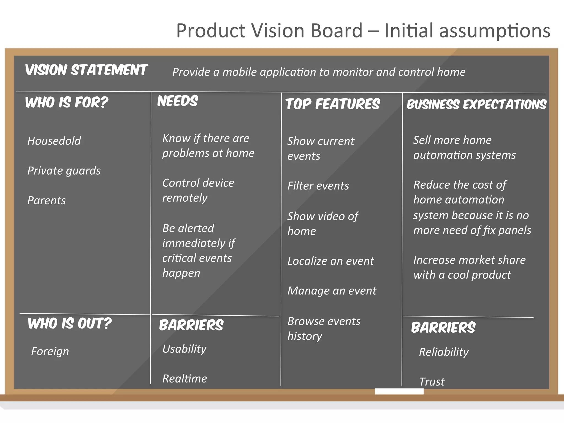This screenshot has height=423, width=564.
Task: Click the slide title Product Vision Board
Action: click(x=363, y=31)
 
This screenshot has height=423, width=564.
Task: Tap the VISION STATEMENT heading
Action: click(x=86, y=70)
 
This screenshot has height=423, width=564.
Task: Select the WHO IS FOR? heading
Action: click(x=66, y=102)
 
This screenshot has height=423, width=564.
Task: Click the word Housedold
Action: click(x=54, y=141)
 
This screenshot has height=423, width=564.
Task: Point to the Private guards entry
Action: click(x=64, y=171)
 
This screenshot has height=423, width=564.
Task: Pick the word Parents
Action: click(x=47, y=200)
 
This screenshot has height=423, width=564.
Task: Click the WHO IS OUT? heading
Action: click(x=69, y=323)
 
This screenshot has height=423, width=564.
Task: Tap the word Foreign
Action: click(x=50, y=352)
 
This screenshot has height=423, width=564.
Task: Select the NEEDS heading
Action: click(x=177, y=101)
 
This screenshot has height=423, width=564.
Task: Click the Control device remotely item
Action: click(x=198, y=190)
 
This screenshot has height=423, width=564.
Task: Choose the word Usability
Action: click(x=184, y=349)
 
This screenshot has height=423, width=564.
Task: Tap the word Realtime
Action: click(x=185, y=379)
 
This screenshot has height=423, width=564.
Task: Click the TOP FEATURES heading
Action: click(x=333, y=104)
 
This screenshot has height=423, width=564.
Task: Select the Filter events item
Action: click(x=318, y=186)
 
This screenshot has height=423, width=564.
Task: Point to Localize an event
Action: click(x=330, y=261)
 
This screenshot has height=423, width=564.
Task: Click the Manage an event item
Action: click(x=332, y=291)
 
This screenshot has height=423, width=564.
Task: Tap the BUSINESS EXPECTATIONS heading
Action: click(x=476, y=105)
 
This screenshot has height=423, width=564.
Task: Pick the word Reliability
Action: click(x=444, y=352)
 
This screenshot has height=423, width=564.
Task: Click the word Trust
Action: click(x=432, y=382)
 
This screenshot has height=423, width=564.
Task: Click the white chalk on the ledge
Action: click(x=399, y=391)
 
